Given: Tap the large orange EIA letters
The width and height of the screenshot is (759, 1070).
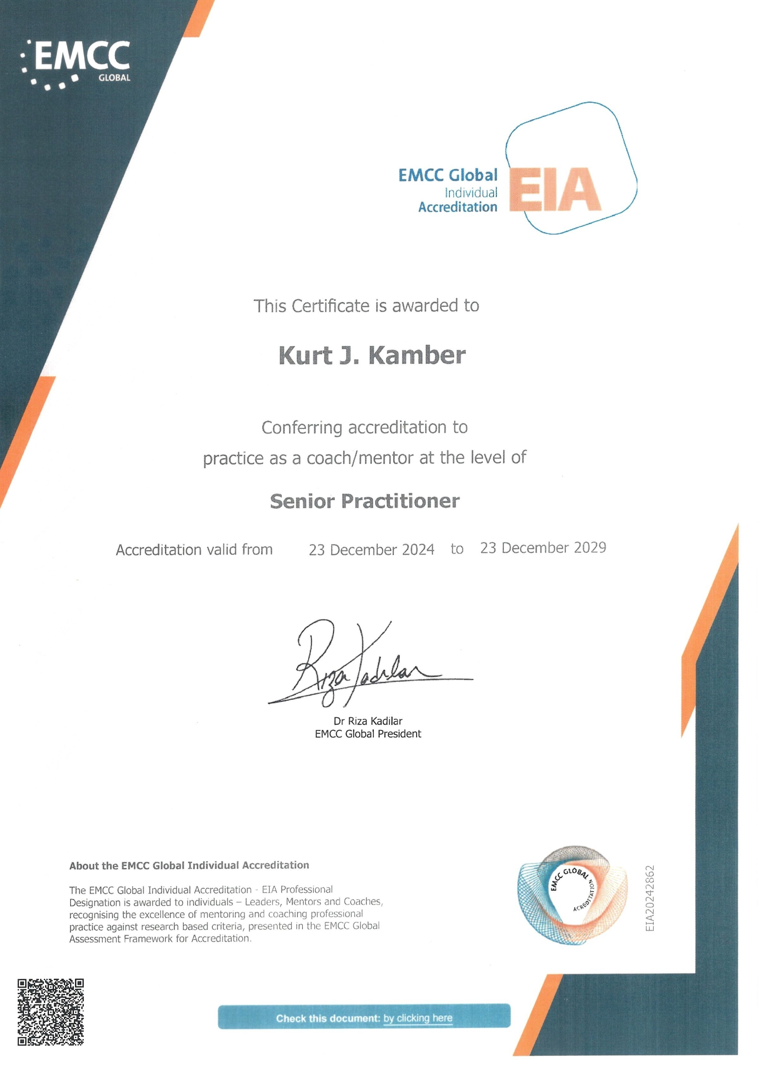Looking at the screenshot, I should [x=555, y=190].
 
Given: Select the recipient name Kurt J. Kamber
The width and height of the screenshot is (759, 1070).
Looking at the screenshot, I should [x=372, y=355].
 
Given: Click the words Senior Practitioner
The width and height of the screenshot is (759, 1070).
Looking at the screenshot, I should [x=365, y=501].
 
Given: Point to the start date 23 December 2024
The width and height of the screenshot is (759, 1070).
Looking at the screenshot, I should [x=371, y=549].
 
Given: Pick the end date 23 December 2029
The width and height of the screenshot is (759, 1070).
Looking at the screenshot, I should [x=543, y=548].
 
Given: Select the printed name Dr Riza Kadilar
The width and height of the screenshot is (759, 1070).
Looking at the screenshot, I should [x=368, y=721].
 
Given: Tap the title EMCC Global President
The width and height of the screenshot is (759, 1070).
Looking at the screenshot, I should [x=368, y=734].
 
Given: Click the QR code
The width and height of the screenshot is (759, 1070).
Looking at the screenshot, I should [x=50, y=1012].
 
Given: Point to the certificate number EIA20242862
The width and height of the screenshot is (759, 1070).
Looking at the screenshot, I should [x=650, y=898].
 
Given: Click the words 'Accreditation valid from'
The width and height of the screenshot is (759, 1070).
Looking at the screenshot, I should [x=194, y=549].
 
